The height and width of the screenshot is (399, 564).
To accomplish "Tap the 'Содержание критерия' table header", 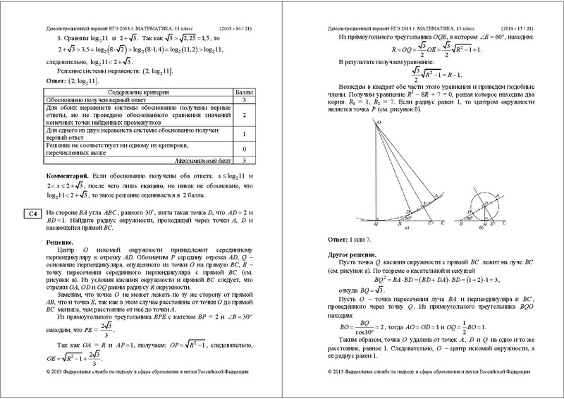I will (x=138, y=92).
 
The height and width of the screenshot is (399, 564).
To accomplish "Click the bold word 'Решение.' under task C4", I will (x=61, y=241).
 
